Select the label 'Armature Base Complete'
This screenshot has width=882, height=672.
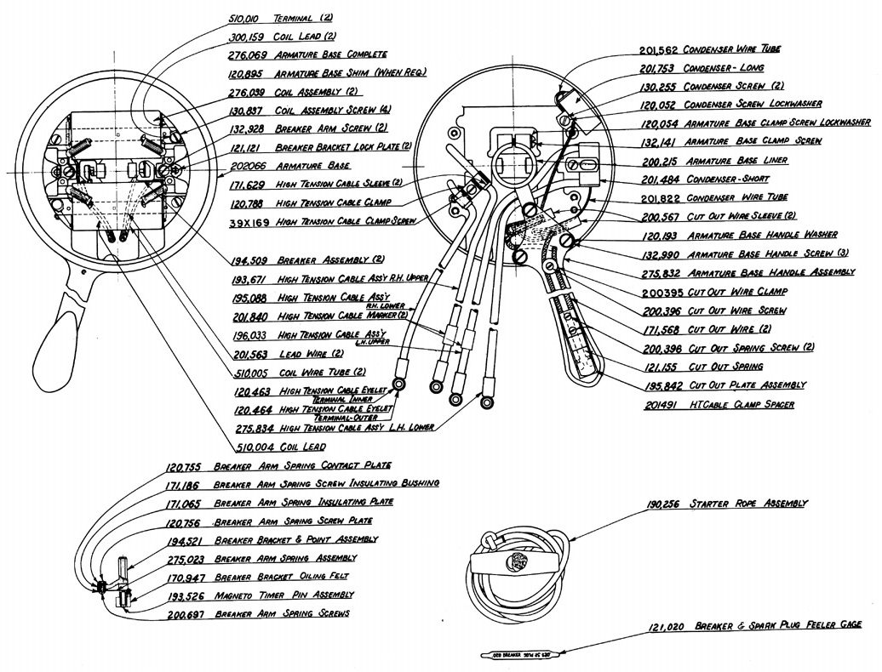[330, 54]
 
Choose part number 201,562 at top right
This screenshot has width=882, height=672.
[660, 50]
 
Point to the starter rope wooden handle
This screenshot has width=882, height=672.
[509, 562]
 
